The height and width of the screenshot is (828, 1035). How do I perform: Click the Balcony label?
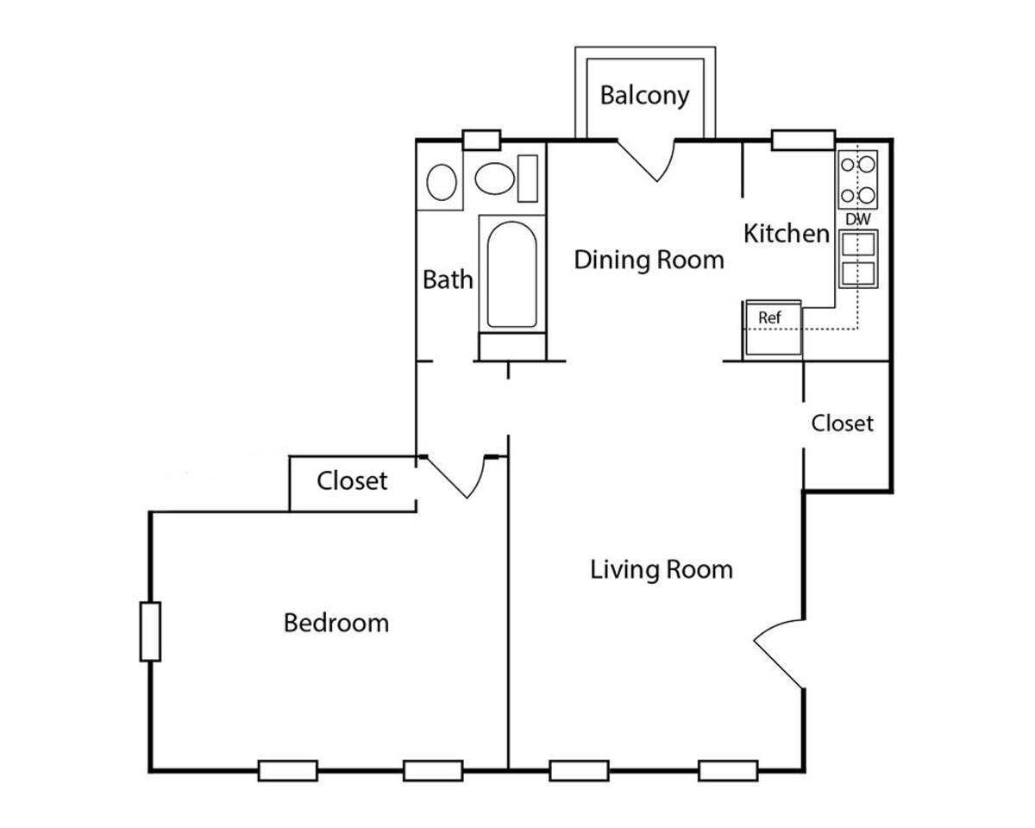click(x=644, y=95)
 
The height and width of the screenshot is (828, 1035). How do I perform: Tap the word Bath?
click(x=448, y=279)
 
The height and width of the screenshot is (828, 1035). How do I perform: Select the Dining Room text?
click(x=649, y=259)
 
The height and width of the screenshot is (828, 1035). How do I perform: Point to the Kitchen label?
click(x=786, y=233)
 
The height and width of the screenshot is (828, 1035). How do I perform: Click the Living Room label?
click(x=662, y=569)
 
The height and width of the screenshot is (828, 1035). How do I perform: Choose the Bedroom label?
click(x=336, y=622)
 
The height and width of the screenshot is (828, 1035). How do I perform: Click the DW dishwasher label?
click(x=857, y=220)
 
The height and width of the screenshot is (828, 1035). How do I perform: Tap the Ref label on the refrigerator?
click(x=769, y=318)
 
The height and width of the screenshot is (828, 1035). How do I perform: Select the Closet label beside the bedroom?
click(x=352, y=480)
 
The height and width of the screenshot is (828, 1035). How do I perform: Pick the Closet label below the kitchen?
click(x=842, y=423)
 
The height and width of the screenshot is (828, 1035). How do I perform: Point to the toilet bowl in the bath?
click(x=495, y=180)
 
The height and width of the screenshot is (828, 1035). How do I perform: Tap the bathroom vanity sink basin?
click(x=442, y=182)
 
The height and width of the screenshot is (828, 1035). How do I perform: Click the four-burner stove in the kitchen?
click(x=858, y=179)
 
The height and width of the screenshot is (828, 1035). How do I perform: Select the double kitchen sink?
click(x=858, y=260)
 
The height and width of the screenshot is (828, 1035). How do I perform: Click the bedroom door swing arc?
click(x=461, y=478)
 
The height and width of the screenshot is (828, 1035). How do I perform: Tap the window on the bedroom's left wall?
click(x=150, y=631)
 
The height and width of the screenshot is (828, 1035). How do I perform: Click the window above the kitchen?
click(x=802, y=140)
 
